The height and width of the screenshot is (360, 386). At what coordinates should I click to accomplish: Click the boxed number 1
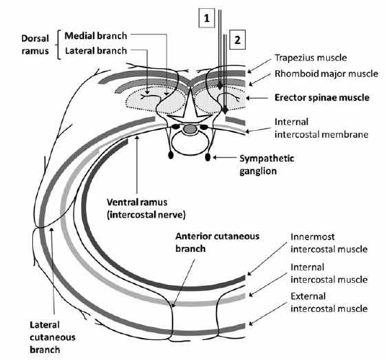(206, 18)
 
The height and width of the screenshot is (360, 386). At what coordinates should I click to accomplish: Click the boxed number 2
(237, 40)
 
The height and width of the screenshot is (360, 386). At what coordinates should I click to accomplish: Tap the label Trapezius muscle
(311, 58)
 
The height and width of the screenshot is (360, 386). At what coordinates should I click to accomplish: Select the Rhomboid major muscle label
(326, 74)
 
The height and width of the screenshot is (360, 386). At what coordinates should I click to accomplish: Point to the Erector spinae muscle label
(322, 98)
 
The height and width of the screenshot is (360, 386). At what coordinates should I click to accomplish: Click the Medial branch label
(96, 36)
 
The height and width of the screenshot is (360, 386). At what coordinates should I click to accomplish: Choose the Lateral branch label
(96, 51)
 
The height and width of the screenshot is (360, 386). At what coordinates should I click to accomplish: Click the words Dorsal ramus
(35, 45)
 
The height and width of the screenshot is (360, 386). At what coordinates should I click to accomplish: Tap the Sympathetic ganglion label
(267, 165)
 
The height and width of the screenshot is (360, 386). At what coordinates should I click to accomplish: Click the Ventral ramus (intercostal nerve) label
(147, 209)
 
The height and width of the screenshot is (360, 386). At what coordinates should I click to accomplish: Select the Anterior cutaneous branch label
(217, 242)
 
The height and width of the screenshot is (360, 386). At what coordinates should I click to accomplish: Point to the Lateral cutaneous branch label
(52, 337)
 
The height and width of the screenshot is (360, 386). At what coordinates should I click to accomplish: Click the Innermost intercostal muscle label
(329, 243)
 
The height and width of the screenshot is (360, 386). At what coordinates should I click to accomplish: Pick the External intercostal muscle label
(329, 302)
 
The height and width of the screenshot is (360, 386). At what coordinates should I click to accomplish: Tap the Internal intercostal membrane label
(321, 128)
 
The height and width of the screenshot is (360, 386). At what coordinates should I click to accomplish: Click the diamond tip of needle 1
(219, 86)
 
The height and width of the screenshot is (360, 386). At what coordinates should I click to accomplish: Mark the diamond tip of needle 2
(225, 110)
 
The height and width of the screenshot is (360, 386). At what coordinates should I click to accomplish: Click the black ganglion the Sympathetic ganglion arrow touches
(208, 157)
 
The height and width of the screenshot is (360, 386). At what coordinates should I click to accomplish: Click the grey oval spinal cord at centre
(189, 129)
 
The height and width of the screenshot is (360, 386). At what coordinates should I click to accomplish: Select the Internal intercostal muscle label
(329, 273)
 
